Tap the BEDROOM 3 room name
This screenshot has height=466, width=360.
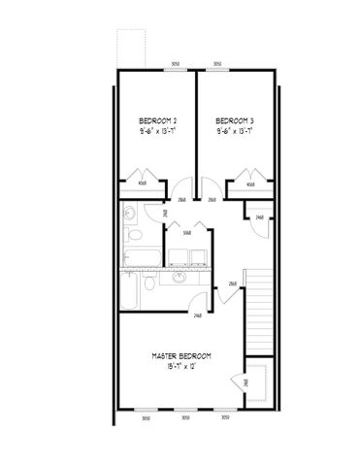tap(235, 122)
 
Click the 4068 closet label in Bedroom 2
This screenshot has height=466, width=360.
tap(141, 183)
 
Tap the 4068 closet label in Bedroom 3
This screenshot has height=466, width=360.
tap(250, 183)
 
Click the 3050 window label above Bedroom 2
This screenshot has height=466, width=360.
tap(175, 63)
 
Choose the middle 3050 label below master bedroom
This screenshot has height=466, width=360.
tap(185, 416)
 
